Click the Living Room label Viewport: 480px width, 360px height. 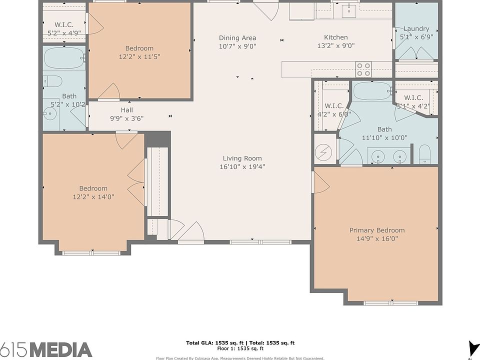242,158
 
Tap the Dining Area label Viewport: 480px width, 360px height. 237,38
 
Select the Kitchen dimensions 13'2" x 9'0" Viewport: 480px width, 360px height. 336,46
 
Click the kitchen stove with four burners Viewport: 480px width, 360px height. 363,69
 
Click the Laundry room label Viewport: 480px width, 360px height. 416,29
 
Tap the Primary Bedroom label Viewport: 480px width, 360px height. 377,230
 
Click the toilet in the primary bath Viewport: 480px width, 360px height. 424,154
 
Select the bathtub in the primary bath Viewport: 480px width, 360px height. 372,91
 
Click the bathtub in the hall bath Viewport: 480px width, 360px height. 64,58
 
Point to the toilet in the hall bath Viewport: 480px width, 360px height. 52,81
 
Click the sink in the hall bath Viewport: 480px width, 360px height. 49,114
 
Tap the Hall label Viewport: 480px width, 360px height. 126,110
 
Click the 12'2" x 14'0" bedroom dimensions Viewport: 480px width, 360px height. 93,197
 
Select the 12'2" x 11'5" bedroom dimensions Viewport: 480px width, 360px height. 139,56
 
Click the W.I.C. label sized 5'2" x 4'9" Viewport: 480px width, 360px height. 64,25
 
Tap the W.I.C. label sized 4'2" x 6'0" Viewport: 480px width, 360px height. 334,106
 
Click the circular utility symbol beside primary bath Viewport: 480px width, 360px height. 323,152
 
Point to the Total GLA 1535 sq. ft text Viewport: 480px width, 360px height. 216,343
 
